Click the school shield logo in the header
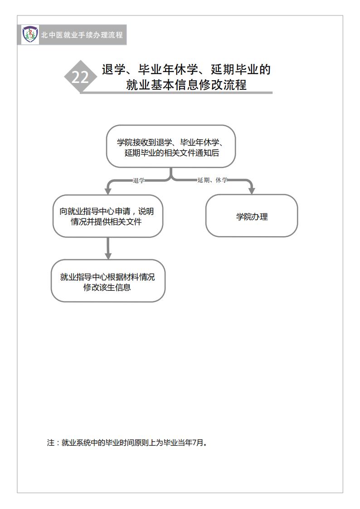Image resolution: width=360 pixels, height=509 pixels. tap(30, 34)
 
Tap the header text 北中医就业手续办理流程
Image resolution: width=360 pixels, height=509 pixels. tap(82, 35)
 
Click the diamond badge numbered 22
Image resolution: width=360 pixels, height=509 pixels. tap(80, 77)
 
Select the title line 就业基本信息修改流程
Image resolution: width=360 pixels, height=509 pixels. tap(186, 85)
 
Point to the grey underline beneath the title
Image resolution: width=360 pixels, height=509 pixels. tap(176, 93)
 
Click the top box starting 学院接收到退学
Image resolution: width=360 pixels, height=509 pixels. tap(171, 146)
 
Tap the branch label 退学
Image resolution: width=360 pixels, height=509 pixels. tap(139, 180)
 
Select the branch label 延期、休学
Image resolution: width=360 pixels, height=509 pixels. tap(212, 180)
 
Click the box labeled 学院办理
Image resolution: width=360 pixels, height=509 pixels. tap(252, 216)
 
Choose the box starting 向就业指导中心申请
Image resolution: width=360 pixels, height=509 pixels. tap(108, 216)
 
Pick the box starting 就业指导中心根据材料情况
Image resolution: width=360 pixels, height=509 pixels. tap(108, 281)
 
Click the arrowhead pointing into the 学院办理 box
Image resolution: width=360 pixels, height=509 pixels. tap(252, 190)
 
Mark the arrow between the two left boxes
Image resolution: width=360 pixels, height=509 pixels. tap(108, 248)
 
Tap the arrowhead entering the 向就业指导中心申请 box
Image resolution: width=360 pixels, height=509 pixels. tap(108, 191)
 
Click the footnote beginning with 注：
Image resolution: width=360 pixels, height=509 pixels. tap(127, 442)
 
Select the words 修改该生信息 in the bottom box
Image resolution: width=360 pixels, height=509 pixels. tap(107, 287)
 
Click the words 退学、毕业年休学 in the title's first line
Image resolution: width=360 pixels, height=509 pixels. tap(150, 69)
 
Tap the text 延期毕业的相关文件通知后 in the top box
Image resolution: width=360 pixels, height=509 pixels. tap(172, 153)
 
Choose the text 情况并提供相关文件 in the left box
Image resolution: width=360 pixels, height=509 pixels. tap(106, 222)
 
